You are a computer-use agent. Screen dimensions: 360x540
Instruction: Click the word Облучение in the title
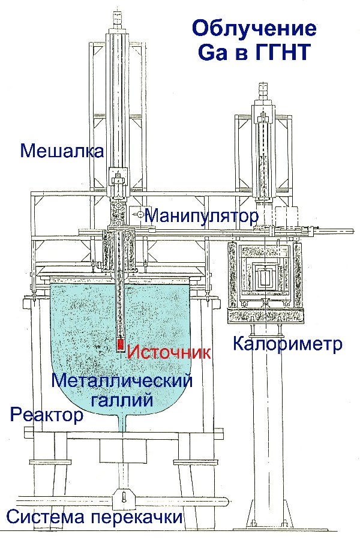[254, 29]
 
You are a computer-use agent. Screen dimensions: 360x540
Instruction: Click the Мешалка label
[62, 151]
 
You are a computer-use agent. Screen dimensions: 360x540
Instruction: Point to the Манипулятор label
[202, 216]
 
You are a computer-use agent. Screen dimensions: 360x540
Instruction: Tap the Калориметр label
[287, 343]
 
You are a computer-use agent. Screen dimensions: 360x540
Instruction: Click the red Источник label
[169, 352]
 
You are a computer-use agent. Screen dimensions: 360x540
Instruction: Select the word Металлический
[122, 381]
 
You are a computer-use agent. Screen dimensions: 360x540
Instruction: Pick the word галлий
[121, 400]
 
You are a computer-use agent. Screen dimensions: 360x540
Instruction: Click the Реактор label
[47, 415]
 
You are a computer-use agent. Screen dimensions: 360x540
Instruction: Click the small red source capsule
[121, 344]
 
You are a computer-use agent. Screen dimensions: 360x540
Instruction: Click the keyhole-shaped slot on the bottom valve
[124, 497]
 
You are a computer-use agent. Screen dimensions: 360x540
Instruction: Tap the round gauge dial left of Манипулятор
[140, 214]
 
